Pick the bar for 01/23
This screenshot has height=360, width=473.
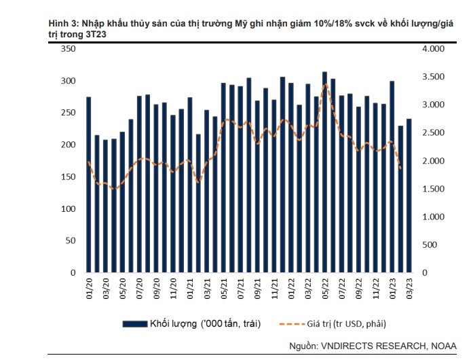point(392,177)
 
